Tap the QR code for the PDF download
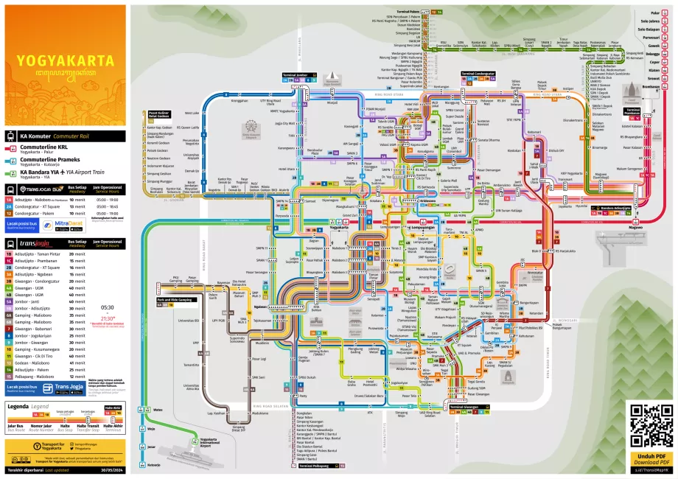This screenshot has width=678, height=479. (x=649, y=426)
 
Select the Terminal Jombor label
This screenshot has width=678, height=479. (x=303, y=75)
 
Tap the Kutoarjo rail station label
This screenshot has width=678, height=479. (x=153, y=465)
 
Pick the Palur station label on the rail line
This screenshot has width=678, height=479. (x=655, y=13)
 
